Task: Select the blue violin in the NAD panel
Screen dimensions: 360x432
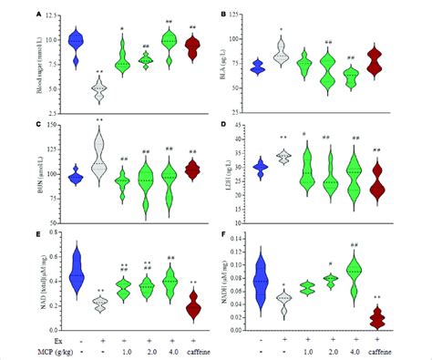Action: pos(77,269)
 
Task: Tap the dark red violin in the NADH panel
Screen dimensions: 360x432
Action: pos(373,317)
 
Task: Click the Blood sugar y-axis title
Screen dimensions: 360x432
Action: pos(38,63)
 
